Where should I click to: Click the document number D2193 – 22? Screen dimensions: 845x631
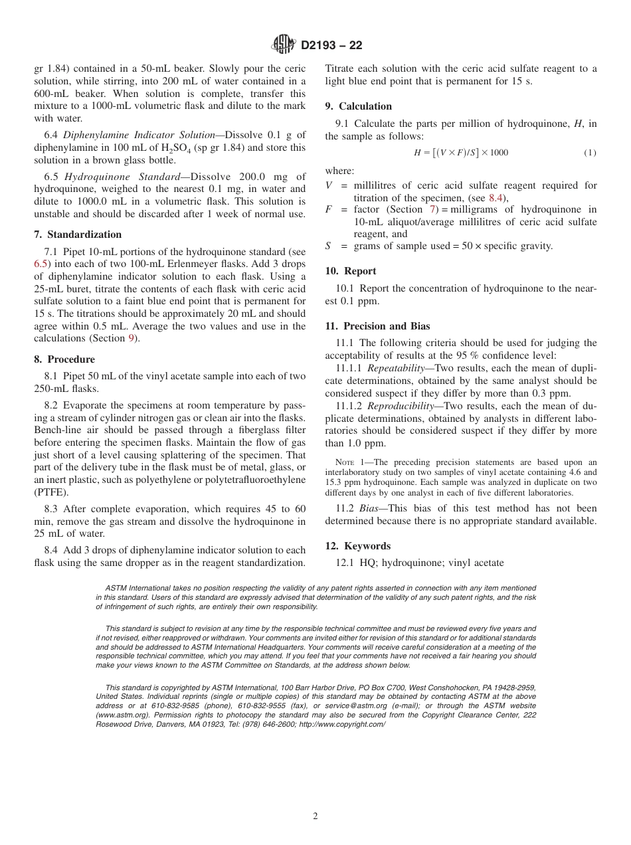click(331, 46)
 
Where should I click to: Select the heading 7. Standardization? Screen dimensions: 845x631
click(78, 235)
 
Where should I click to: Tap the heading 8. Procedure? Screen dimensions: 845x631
click(65, 359)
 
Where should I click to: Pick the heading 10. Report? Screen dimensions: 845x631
click(350, 271)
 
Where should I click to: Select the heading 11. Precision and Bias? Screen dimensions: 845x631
click(377, 326)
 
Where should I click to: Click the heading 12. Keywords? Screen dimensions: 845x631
click(357, 546)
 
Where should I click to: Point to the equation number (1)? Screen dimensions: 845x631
click(590, 153)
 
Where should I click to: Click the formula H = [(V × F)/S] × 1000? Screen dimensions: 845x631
click(461, 153)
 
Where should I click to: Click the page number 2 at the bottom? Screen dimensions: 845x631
click(315, 816)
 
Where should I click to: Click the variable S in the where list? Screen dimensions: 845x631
click(328, 246)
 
